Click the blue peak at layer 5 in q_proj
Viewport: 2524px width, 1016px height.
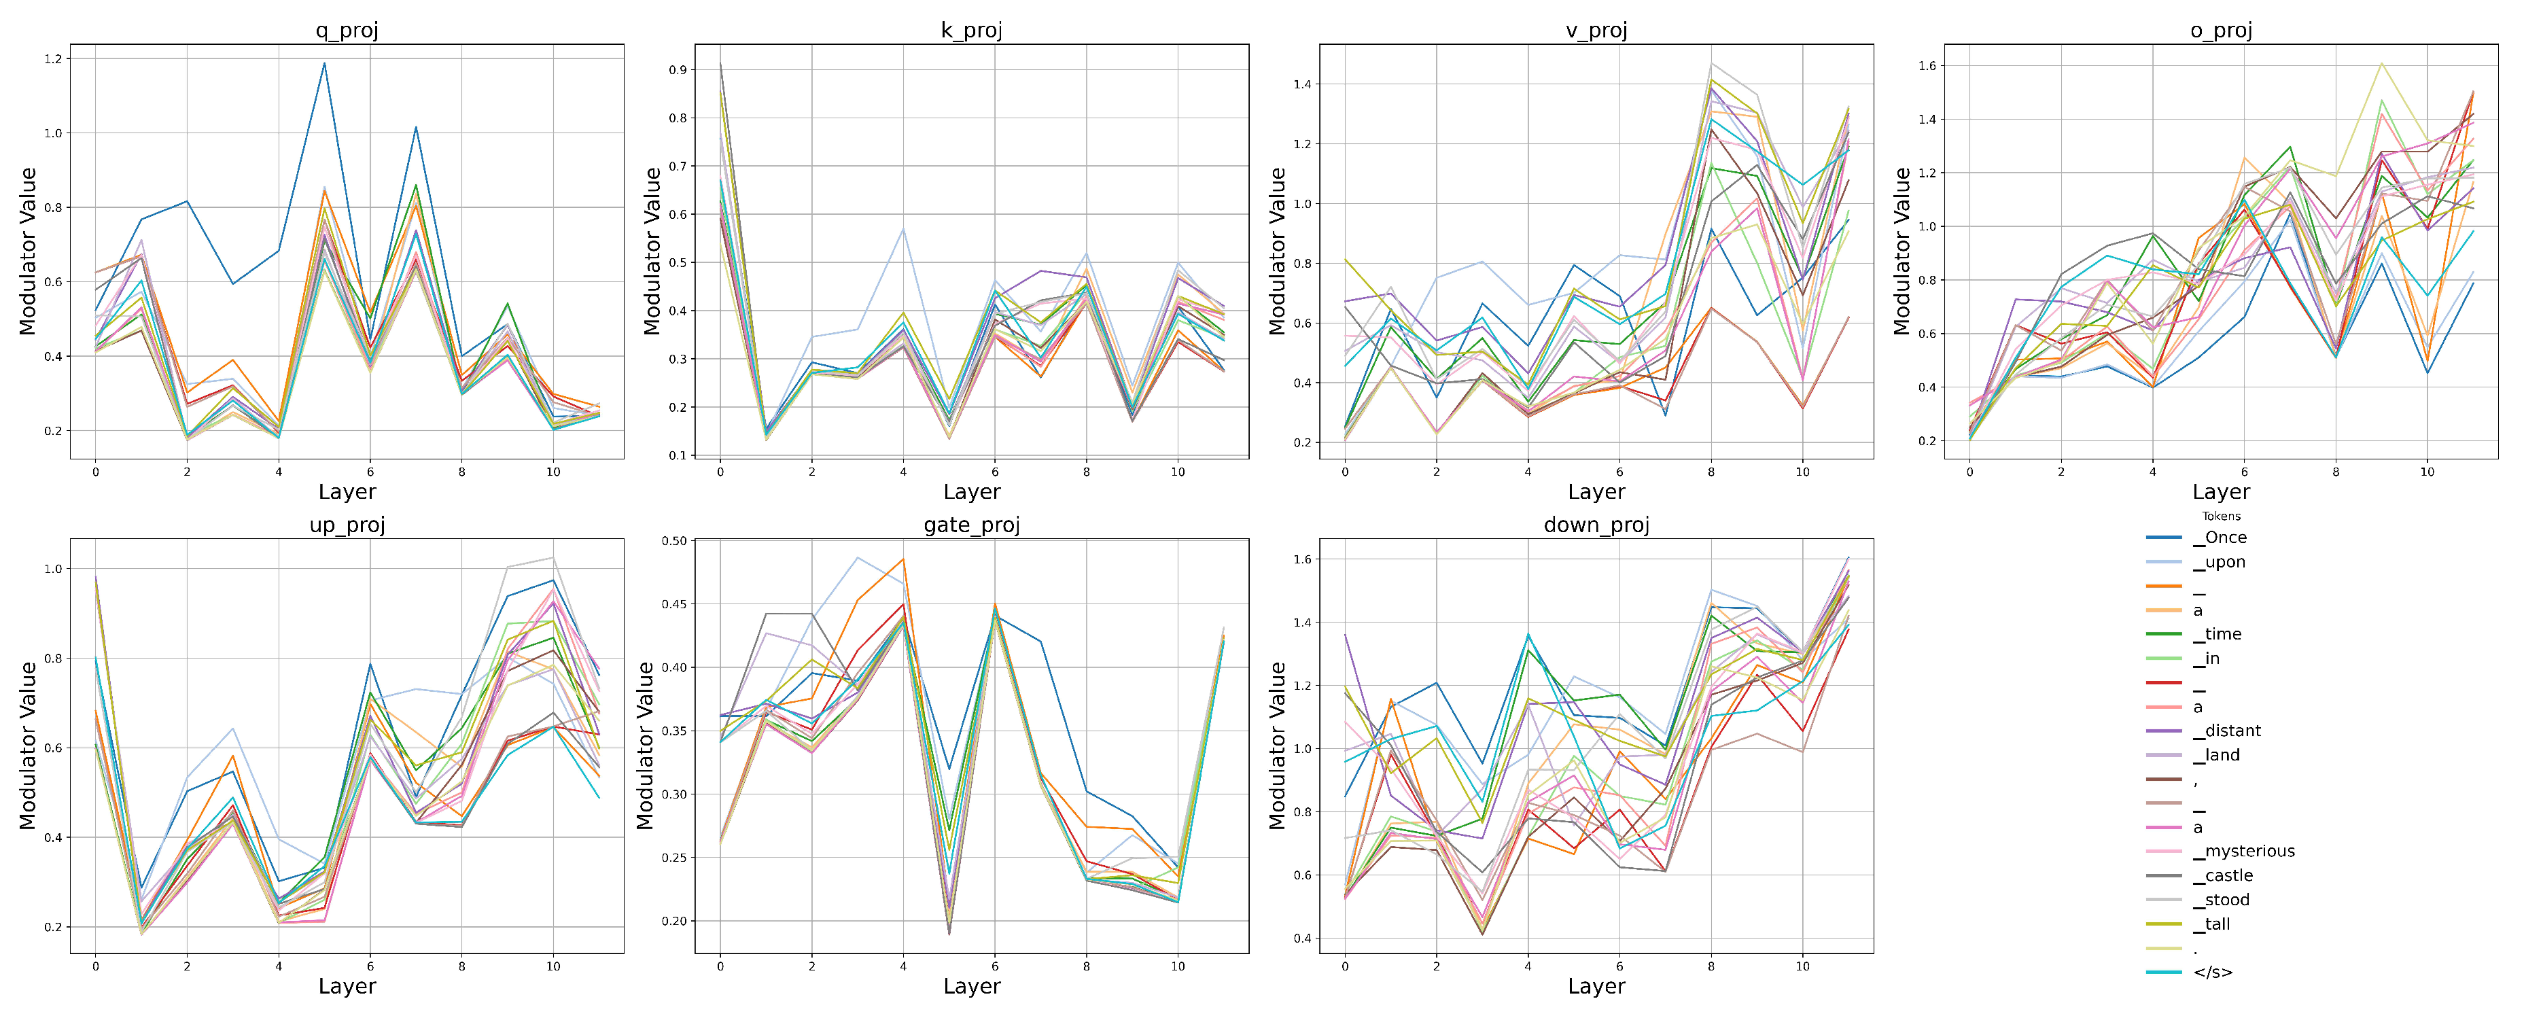[x=324, y=64]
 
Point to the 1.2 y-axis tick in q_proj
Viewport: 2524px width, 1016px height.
[x=53, y=58]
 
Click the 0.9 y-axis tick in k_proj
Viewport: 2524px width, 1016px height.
[x=677, y=69]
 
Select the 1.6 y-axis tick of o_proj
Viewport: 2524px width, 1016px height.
[x=1927, y=66]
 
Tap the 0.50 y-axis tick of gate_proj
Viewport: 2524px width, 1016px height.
[x=674, y=541]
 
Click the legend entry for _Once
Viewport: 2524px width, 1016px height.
[x=2225, y=537]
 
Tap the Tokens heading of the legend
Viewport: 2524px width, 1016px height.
[x=2221, y=515]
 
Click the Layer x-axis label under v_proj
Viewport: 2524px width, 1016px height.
[x=1596, y=492]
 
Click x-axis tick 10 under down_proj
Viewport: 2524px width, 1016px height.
[x=1802, y=966]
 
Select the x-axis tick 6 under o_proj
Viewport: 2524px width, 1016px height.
[x=2244, y=471]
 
